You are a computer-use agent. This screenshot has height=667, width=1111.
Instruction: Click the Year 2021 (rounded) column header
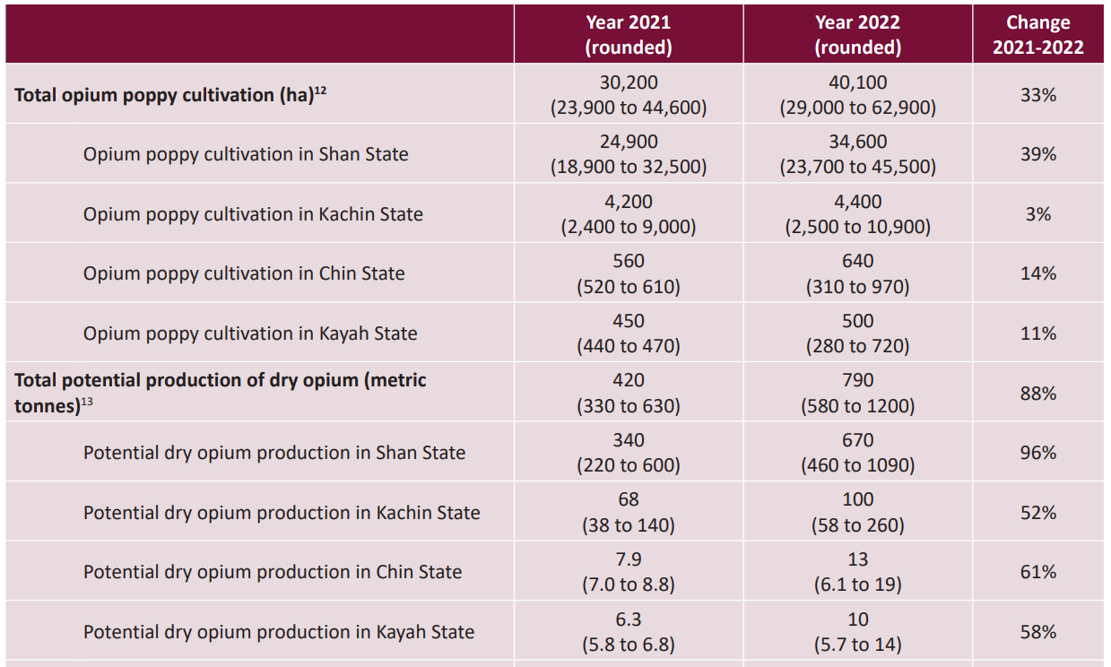click(x=628, y=35)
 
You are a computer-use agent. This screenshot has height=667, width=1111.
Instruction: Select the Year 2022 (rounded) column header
click(x=857, y=35)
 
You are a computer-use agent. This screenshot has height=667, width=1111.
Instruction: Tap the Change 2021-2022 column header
click(x=1037, y=35)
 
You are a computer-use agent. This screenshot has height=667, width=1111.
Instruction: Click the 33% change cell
click(x=1037, y=95)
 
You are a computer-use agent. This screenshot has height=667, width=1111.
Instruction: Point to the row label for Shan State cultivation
click(x=246, y=154)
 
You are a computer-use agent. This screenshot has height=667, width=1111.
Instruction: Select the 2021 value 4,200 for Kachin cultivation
click(x=628, y=202)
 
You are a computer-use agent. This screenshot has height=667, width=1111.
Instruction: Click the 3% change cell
click(x=1037, y=214)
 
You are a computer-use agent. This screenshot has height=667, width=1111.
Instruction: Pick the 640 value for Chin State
click(x=857, y=262)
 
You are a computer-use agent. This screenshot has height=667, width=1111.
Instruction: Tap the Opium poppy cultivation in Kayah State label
click(x=250, y=333)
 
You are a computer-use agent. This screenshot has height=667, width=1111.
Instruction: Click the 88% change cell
click(x=1037, y=394)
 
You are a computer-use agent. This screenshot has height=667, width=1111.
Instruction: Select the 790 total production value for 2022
click(x=857, y=381)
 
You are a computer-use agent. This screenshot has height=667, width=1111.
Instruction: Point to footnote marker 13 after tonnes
click(x=87, y=402)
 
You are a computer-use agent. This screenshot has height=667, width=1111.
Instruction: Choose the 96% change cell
click(x=1037, y=453)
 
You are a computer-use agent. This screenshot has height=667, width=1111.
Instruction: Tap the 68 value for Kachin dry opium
click(x=628, y=500)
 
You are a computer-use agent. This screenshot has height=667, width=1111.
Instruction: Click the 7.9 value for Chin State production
click(x=628, y=559)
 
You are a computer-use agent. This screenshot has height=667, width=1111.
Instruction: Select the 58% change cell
click(x=1037, y=632)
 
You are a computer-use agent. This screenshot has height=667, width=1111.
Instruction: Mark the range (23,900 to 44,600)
click(x=628, y=108)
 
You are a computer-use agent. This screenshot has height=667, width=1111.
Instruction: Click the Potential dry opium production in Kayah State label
click(x=279, y=632)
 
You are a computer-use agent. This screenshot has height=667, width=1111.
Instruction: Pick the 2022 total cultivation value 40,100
click(x=857, y=82)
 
